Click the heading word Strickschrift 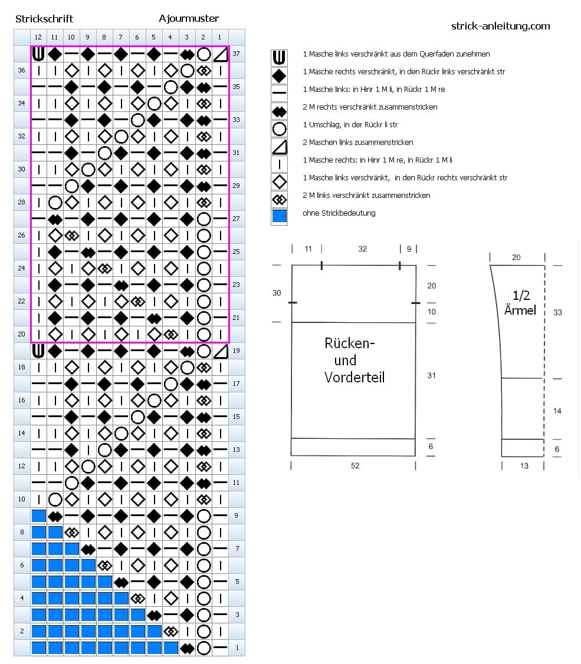(44, 19)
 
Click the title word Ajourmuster (189, 19)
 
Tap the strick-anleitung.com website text (500, 26)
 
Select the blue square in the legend (279, 216)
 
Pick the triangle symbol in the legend (280, 147)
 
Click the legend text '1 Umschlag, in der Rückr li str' (350, 124)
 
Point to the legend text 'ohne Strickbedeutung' (339, 213)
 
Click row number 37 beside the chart (236, 54)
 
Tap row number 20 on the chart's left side (22, 334)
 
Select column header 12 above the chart (38, 37)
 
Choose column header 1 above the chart (219, 37)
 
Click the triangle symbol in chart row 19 (221, 351)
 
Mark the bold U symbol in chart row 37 (38, 54)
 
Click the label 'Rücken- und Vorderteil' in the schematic (354, 361)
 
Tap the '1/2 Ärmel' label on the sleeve (520, 302)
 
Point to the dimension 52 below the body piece (355, 466)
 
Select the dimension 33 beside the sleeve (557, 312)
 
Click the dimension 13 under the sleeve (524, 466)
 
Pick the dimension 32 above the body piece (362, 249)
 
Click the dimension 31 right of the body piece (431, 376)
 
